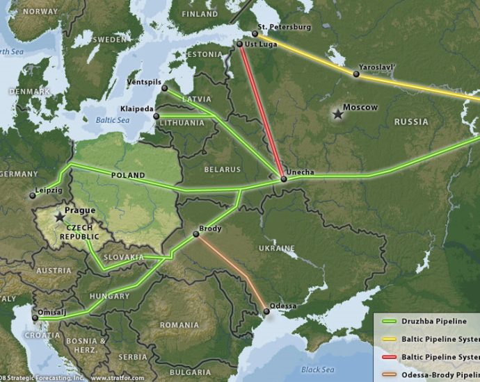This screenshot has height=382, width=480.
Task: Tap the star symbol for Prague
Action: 59,218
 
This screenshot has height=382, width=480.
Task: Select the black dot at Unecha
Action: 284,179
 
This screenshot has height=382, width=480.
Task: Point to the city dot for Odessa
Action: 266,313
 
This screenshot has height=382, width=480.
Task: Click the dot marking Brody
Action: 195,234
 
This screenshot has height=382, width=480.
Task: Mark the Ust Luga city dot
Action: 240,44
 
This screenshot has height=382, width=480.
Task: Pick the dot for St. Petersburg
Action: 255,33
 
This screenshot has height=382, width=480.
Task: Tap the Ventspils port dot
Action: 165,88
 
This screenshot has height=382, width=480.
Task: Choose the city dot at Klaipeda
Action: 157,116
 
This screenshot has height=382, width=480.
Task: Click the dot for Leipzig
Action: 32,196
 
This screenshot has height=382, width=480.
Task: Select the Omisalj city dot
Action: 35,318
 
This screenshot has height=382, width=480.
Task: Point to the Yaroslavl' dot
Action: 356,74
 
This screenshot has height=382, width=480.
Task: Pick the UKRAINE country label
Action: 278,248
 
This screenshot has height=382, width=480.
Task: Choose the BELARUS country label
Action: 222,169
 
